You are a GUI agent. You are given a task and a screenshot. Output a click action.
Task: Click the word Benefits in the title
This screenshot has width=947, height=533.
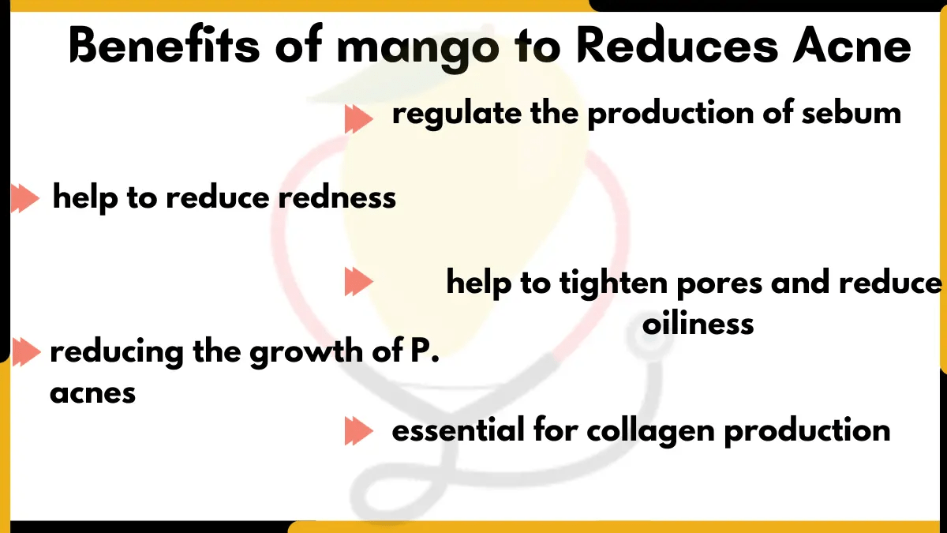162,46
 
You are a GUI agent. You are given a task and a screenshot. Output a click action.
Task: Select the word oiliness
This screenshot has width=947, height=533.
698,323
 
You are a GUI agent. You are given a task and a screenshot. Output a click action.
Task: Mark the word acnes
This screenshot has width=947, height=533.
92,392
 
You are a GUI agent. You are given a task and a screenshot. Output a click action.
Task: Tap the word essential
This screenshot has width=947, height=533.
458,431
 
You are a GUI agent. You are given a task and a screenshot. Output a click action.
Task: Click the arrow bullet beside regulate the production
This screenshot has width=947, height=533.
357,120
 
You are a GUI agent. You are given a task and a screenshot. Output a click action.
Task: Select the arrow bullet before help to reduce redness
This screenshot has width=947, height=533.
24,199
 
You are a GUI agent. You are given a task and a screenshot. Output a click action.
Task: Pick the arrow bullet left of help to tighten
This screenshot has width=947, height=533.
357,283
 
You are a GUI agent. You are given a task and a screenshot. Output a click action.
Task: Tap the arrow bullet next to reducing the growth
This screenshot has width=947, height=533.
24,352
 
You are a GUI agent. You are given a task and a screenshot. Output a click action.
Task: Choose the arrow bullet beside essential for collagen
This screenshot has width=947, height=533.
357,431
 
